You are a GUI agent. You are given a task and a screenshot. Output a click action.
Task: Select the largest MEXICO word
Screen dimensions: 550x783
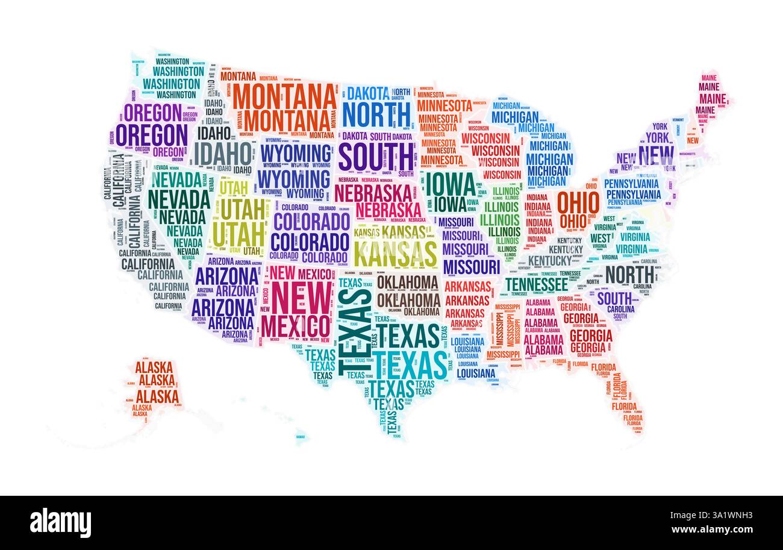[295, 326]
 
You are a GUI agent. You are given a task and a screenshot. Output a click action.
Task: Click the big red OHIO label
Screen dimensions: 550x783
[578, 204]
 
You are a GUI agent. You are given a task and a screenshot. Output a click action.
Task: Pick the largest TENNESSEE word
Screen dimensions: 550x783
[536, 284]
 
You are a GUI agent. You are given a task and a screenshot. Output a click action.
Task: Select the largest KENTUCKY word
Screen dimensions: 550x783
[549, 260]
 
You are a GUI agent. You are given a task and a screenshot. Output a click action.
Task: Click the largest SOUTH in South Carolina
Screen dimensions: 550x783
[614, 298]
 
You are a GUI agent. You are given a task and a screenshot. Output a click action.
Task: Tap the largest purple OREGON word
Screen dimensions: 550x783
[152, 135]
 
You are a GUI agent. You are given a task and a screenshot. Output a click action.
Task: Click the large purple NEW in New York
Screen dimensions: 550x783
[657, 156]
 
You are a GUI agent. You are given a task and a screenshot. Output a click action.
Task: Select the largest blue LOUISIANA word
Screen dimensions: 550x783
[476, 373]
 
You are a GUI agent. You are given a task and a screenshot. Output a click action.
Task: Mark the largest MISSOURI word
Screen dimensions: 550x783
[472, 266]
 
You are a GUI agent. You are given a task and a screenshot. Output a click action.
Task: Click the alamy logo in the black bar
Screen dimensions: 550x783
[60, 522]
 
